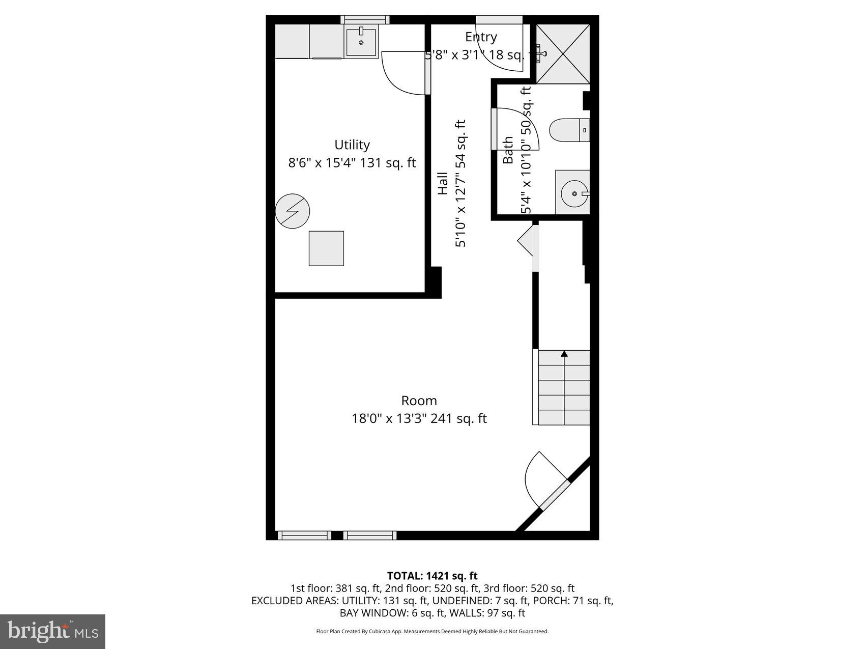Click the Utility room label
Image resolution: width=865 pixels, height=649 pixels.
coord(352,145)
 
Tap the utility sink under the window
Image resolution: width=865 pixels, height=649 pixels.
coord(361,42)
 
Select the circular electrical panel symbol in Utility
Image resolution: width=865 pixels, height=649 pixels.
coord(292,211)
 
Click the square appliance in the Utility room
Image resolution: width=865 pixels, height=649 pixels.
coord(326,248)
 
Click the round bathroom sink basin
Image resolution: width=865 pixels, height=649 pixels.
coord(574,193)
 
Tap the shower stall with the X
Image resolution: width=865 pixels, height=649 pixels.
coord(563,53)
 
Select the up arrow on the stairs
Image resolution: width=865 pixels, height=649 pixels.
coord(564,354)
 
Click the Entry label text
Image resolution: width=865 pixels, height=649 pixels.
coord(481,37)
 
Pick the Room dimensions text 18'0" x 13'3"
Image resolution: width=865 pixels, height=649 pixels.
coord(390,419)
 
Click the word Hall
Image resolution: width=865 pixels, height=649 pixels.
coord(443,183)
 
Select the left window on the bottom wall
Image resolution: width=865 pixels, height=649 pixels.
coord(304,535)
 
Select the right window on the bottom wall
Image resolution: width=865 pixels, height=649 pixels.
coord(370,535)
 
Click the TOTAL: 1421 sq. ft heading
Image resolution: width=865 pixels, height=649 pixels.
coord(432,576)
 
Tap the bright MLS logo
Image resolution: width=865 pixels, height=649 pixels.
coord(53,631)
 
